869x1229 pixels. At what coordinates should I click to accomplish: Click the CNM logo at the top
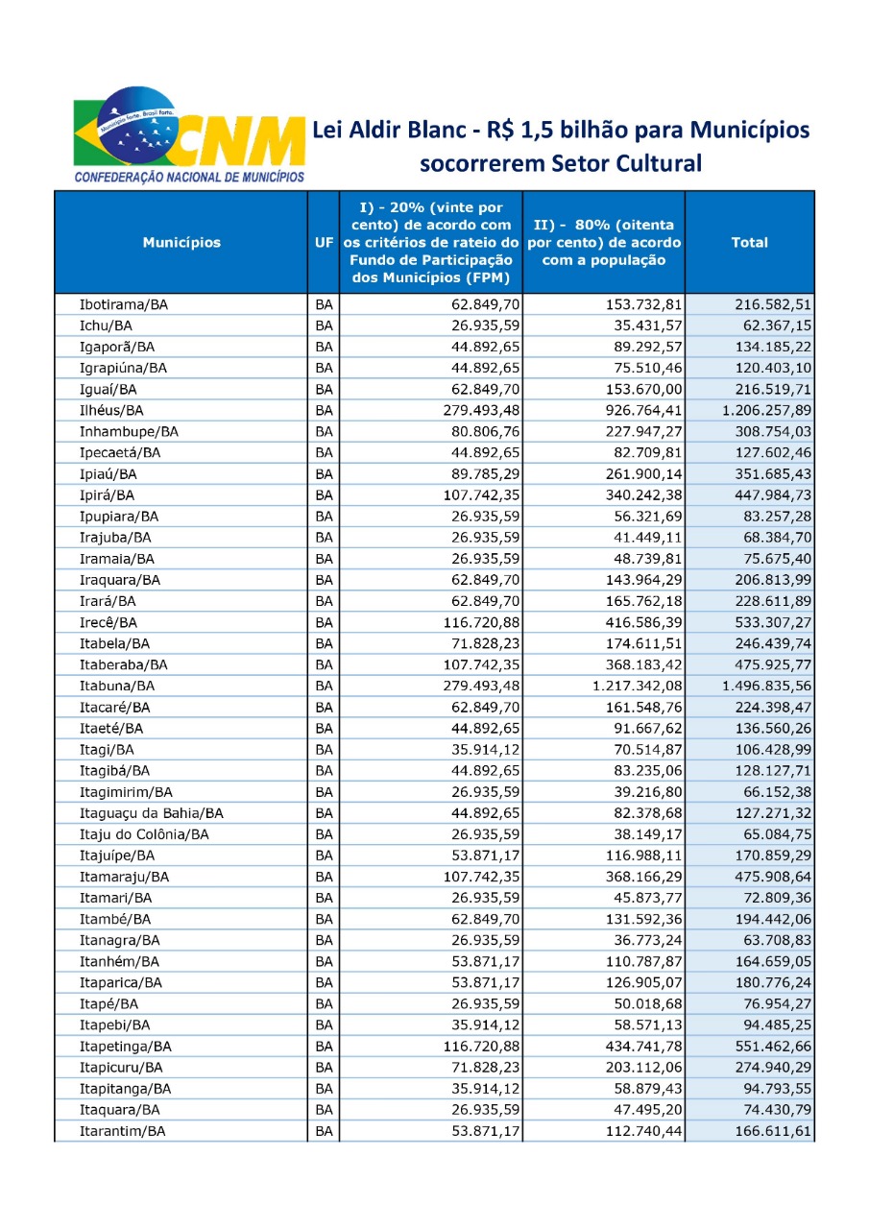187,134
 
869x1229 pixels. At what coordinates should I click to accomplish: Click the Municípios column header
181,243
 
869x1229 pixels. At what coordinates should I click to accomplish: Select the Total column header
749,243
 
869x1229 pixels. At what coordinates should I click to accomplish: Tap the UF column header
324,243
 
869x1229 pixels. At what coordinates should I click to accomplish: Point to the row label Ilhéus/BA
111,411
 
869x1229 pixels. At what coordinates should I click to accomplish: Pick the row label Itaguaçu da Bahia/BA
152,813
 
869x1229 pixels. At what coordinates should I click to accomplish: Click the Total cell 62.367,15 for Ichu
774,326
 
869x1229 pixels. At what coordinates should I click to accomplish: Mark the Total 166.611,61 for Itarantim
774,1131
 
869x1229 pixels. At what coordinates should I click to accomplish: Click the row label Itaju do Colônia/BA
144,834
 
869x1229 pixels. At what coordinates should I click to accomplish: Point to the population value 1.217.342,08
631,686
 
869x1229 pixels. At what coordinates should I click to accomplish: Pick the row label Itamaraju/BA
124,877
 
